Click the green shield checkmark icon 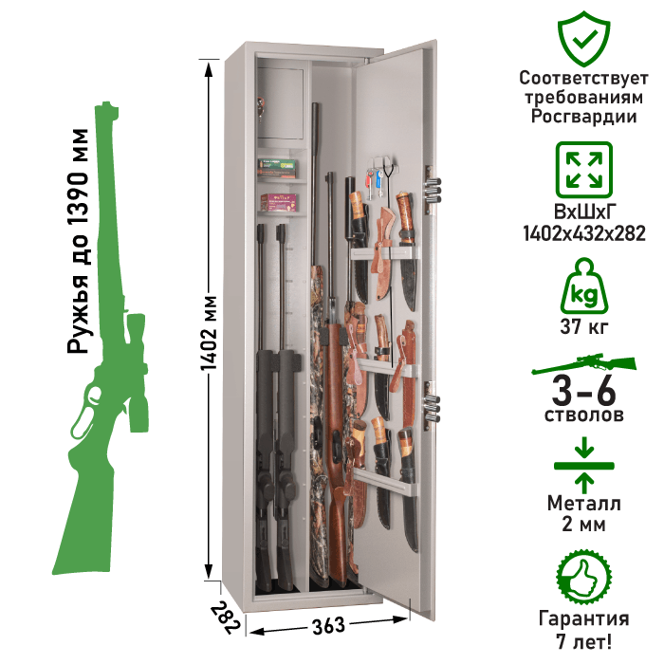pos(583,39)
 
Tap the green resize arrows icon pos(584,170)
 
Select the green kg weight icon pos(584,286)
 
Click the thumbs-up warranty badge pos(584,578)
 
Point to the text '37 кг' pos(584,326)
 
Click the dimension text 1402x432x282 pos(584,233)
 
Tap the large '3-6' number pos(584,391)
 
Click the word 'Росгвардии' pos(584,116)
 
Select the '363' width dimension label pos(328,626)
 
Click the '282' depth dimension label pos(226,618)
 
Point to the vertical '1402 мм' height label pos(209,333)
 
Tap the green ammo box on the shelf pos(278,168)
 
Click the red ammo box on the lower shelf pos(279,202)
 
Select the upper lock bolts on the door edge pos(433,190)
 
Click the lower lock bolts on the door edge pos(433,407)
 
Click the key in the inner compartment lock pos(260,107)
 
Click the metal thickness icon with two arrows pos(584,466)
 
